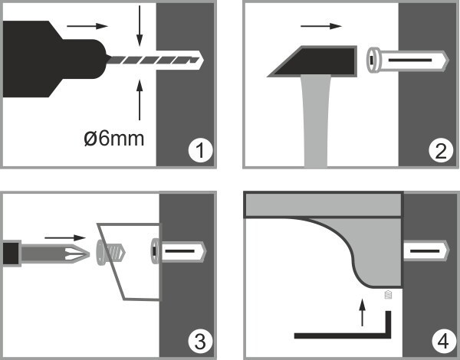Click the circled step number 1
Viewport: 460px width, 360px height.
pyautogui.click(x=200, y=151)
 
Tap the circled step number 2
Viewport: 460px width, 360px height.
pyautogui.click(x=441, y=151)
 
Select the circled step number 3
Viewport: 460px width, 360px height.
pyautogui.click(x=200, y=341)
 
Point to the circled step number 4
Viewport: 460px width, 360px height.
pyautogui.click(x=443, y=341)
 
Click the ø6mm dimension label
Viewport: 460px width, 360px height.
pyautogui.click(x=113, y=139)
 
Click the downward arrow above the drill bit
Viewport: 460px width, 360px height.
pyautogui.click(x=140, y=26)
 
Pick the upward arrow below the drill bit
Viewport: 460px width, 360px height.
pyautogui.click(x=140, y=100)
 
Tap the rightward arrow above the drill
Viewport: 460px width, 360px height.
pyautogui.click(x=87, y=26)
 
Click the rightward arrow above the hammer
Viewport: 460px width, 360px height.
pyautogui.click(x=321, y=26)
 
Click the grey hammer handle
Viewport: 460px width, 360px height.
pyautogui.click(x=316, y=121)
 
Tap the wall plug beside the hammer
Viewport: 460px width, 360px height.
pyautogui.click(x=408, y=60)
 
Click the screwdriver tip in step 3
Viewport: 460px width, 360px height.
pyautogui.click(x=77, y=254)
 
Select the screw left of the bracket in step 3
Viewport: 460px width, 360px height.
pyautogui.click(x=110, y=253)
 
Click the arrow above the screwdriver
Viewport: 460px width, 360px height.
pyautogui.click(x=65, y=237)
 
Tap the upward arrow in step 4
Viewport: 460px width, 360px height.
pyautogui.click(x=363, y=313)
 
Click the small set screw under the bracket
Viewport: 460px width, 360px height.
pyautogui.click(x=388, y=295)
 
